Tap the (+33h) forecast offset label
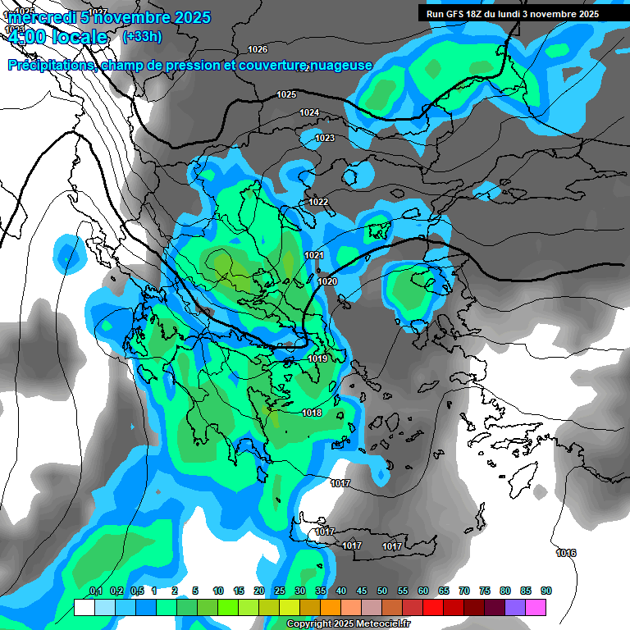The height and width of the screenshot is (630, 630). [142, 36]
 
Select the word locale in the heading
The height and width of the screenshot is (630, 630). [79, 37]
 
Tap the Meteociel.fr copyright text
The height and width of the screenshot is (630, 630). [348, 624]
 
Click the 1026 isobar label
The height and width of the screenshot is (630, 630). [258, 49]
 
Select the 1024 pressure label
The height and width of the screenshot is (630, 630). [309, 112]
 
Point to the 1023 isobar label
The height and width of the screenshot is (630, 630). [325, 139]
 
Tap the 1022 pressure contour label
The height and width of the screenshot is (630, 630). [318, 202]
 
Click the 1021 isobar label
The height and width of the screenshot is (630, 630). [314, 256]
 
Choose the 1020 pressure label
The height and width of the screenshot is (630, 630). [327, 281]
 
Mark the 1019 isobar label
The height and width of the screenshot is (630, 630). [318, 358]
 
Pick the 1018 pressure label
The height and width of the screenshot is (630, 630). [312, 413]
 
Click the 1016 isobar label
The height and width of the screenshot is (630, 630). [566, 553]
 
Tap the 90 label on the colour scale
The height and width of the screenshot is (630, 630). [546, 591]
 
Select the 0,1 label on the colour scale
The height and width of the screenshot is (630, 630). [95, 591]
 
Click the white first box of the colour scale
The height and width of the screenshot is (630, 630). [84, 607]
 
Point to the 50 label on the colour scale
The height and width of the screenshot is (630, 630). [382, 591]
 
